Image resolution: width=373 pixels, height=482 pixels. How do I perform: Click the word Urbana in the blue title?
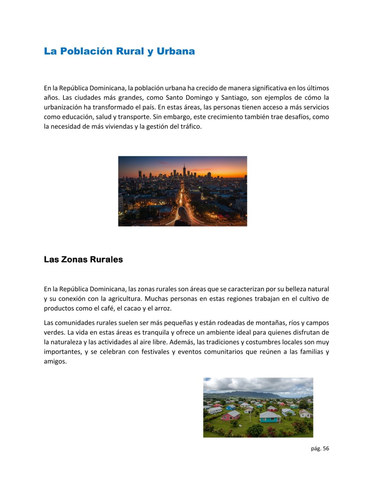click(x=176, y=51)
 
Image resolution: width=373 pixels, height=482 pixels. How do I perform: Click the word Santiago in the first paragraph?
click(x=234, y=98)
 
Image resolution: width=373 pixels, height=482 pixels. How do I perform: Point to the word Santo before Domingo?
click(x=174, y=98)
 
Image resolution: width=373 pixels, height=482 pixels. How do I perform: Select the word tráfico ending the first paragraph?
click(x=190, y=127)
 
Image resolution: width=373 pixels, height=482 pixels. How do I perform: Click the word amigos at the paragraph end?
click(x=55, y=361)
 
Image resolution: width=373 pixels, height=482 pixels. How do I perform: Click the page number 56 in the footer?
click(x=326, y=449)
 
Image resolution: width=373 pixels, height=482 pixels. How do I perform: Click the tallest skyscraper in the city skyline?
click(x=184, y=171)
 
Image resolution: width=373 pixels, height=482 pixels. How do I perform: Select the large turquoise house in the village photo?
click(x=270, y=417)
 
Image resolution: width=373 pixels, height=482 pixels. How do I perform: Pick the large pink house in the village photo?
click(x=231, y=416)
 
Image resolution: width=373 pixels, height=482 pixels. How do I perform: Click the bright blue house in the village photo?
click(x=231, y=407)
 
